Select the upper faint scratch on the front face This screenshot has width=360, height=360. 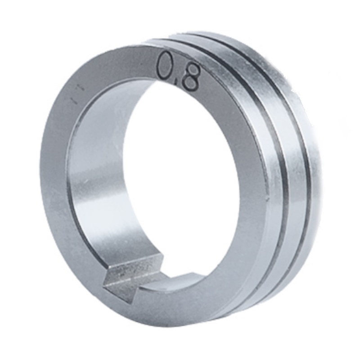click(81, 89)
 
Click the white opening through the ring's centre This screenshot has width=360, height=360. click(181, 190)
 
